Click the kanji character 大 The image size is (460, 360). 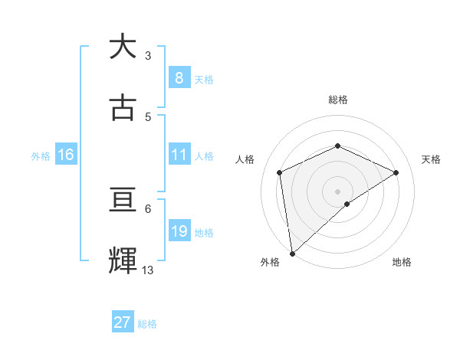pyautogui.click(x=123, y=47)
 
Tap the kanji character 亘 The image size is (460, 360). pyautogui.click(x=123, y=200)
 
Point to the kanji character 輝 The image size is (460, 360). pyautogui.click(x=123, y=261)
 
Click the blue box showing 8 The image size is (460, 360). pyautogui.click(x=179, y=78)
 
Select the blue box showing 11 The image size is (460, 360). pyautogui.click(x=179, y=155)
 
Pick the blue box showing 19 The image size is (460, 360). pyautogui.click(x=179, y=232)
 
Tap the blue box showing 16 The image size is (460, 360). pyautogui.click(x=66, y=155)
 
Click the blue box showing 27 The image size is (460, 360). pyautogui.click(x=123, y=322)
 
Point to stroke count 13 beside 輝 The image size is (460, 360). pyautogui.click(x=148, y=270)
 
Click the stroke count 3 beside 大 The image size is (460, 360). pyautogui.click(x=148, y=55)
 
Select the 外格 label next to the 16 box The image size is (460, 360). pyautogui.click(x=41, y=156)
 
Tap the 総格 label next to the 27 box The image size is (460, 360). pyautogui.click(x=147, y=324)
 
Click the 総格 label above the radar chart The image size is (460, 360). pyautogui.click(x=337, y=100)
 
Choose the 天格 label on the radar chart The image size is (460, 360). pyautogui.click(x=432, y=159)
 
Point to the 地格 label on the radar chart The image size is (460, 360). pyautogui.click(x=402, y=262)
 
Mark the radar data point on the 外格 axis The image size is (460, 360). pyautogui.click(x=292, y=253)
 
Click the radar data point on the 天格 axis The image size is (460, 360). pyautogui.click(x=396, y=172)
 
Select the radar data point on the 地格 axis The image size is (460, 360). pyautogui.click(x=347, y=204)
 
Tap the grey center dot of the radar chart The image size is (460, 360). pyautogui.click(x=337, y=191)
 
